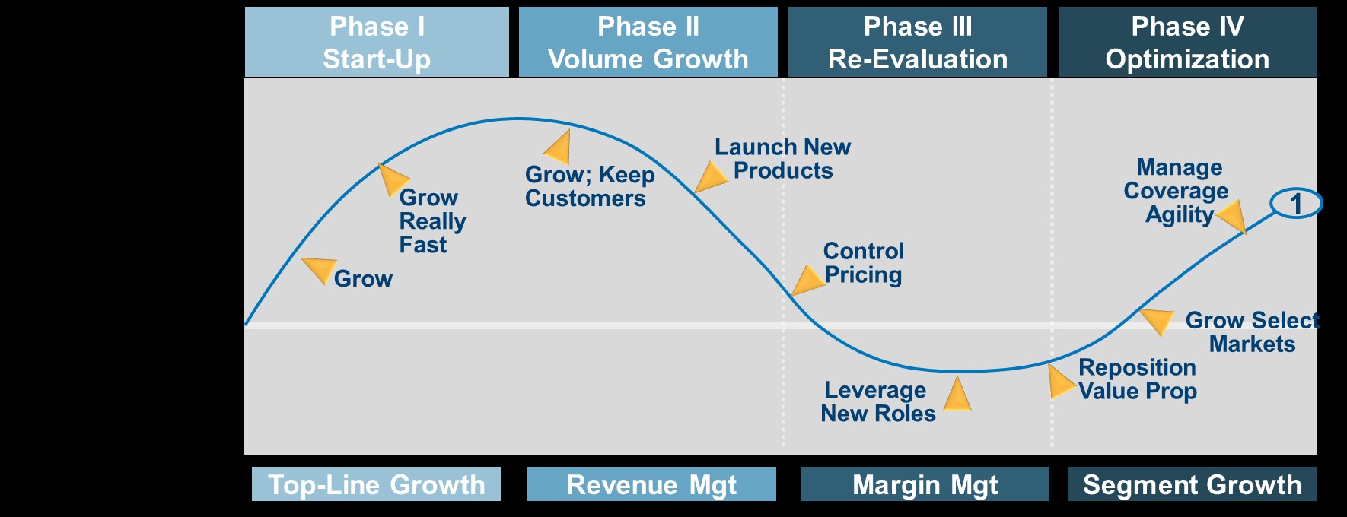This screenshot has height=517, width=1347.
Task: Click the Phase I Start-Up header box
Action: (377, 42)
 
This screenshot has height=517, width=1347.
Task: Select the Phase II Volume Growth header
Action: (648, 42)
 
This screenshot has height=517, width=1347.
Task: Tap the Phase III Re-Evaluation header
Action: (918, 42)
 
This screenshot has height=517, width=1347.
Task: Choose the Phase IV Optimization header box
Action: (1187, 42)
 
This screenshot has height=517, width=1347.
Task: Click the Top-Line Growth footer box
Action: (376, 484)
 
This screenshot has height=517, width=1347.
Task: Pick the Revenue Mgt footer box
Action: (651, 484)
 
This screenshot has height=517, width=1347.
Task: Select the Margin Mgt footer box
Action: (925, 484)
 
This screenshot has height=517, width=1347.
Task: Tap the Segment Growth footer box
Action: (1192, 484)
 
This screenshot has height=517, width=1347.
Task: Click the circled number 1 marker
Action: (1296, 203)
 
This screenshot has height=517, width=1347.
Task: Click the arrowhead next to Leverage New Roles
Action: (957, 395)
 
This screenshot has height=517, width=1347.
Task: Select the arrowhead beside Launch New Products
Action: (711, 176)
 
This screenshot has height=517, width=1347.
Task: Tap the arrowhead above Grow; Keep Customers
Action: (559, 147)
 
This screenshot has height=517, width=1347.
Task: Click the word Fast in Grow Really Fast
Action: (423, 245)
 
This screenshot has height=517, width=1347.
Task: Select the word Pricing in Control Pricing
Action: (863, 274)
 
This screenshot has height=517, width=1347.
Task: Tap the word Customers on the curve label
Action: (585, 198)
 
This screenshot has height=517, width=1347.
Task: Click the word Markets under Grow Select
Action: (1252, 344)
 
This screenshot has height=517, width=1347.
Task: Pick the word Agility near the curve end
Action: (1180, 215)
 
